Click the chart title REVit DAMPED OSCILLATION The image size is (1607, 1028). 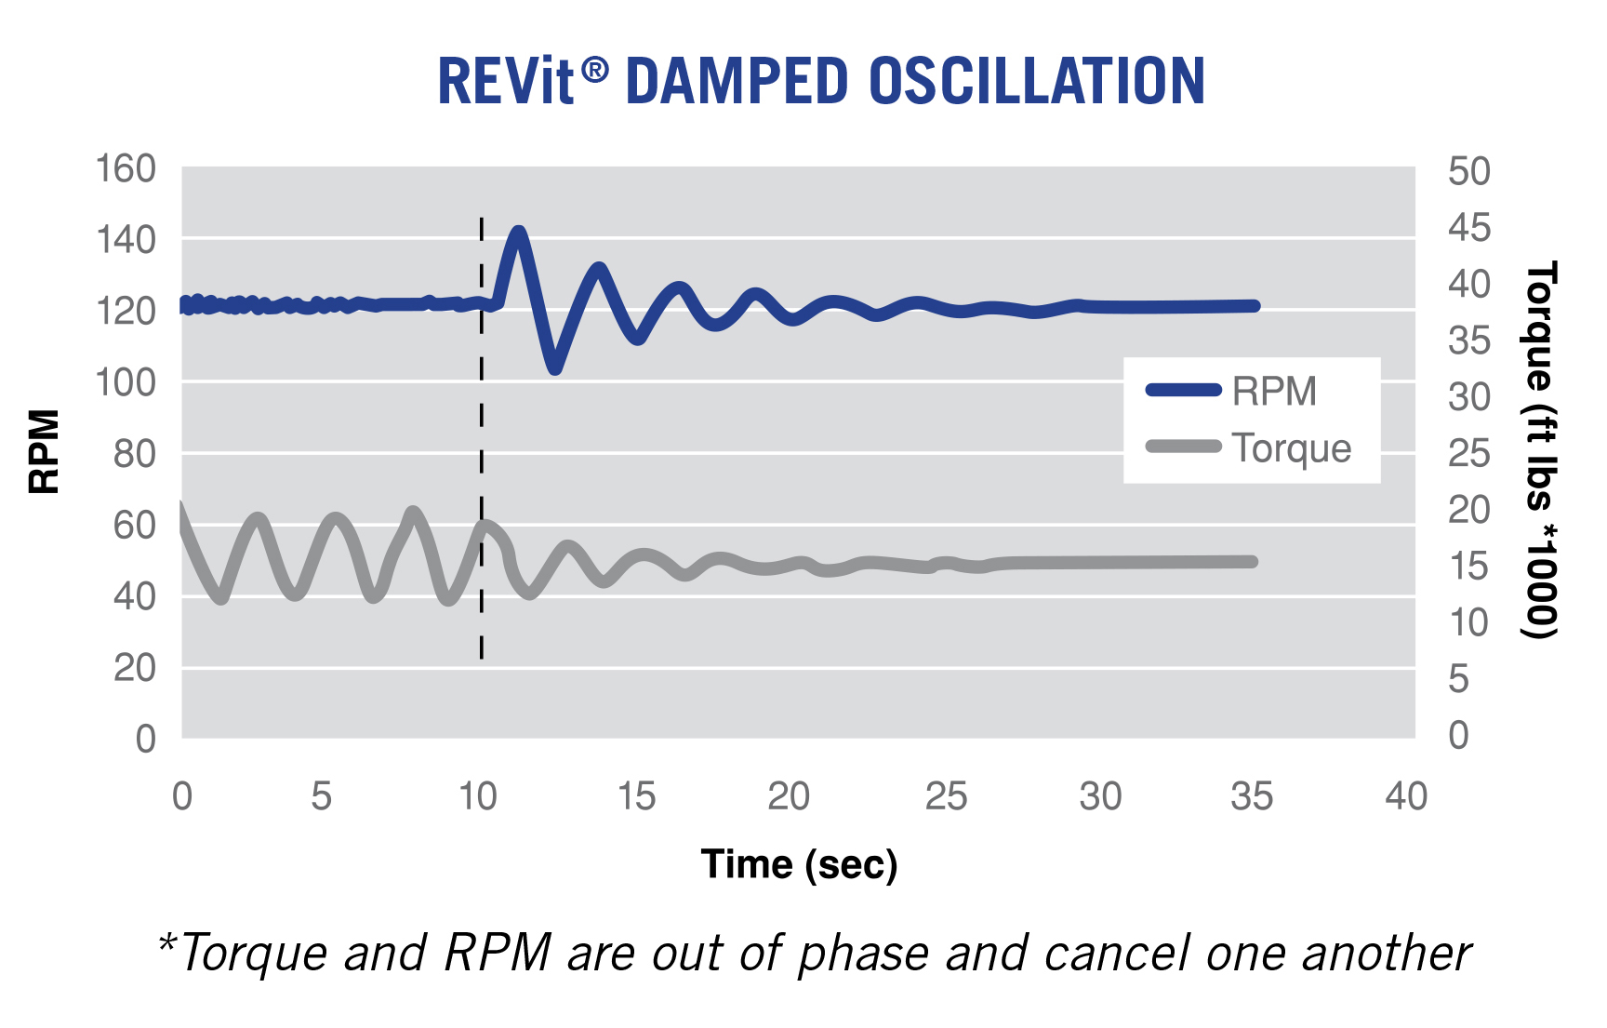[x=820, y=82]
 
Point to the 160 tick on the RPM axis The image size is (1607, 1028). [x=126, y=169]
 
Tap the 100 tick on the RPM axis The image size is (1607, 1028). [x=126, y=382]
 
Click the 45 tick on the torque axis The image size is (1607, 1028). [x=1468, y=228]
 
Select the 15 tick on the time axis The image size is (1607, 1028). [x=636, y=796]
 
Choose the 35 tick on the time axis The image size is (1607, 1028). [x=1251, y=796]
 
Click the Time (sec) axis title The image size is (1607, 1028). [x=799, y=864]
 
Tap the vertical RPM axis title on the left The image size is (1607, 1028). [x=44, y=452]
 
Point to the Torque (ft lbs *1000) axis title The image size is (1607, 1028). [x=1541, y=450]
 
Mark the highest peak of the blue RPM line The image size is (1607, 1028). [x=518, y=231]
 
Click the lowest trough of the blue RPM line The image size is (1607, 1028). [x=555, y=369]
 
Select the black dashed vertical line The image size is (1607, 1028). [x=481, y=437]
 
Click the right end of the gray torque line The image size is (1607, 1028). [x=1253, y=562]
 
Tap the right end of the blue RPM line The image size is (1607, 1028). [x=1255, y=306]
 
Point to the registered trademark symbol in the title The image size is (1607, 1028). [x=595, y=69]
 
